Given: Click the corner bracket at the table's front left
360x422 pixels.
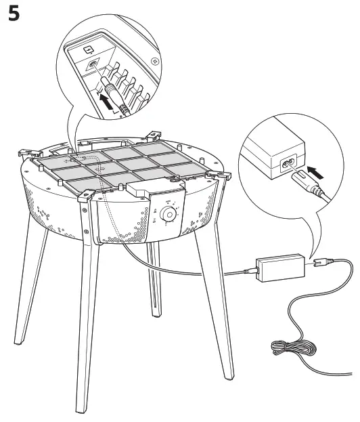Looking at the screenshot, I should click(x=86, y=195).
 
